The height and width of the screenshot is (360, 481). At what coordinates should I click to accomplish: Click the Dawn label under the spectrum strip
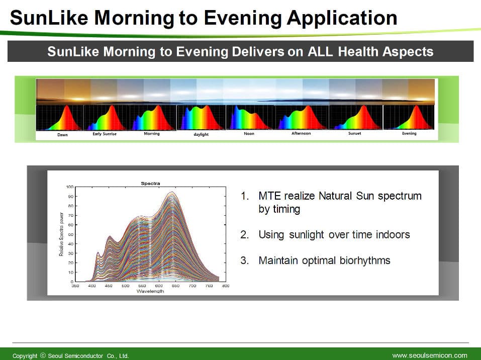[63, 135]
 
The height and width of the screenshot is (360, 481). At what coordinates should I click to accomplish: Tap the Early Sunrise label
[105, 134]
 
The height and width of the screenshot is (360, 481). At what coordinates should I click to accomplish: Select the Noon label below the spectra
[249, 134]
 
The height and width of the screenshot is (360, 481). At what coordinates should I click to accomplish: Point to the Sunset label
[355, 134]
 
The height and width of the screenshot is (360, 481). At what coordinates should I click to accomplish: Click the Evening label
[409, 134]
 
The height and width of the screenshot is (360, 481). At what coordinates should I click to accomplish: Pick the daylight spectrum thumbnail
[201, 118]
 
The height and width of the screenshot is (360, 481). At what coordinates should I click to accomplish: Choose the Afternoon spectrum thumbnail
[302, 117]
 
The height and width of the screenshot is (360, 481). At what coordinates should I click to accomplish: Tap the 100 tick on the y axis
[70, 187]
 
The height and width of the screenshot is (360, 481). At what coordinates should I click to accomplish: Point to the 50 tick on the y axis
[70, 234]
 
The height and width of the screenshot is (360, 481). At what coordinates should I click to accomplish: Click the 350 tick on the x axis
[75, 286]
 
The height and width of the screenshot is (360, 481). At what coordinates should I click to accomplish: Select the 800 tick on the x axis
[226, 286]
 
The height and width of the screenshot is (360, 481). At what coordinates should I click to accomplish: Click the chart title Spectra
[150, 183]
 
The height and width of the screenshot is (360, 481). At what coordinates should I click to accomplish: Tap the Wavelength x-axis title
[150, 291]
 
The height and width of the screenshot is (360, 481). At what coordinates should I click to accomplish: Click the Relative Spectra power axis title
[61, 234]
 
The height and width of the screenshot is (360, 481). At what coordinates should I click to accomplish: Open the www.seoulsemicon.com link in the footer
[430, 355]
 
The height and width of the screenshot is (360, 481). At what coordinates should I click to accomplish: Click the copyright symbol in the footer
[43, 355]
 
